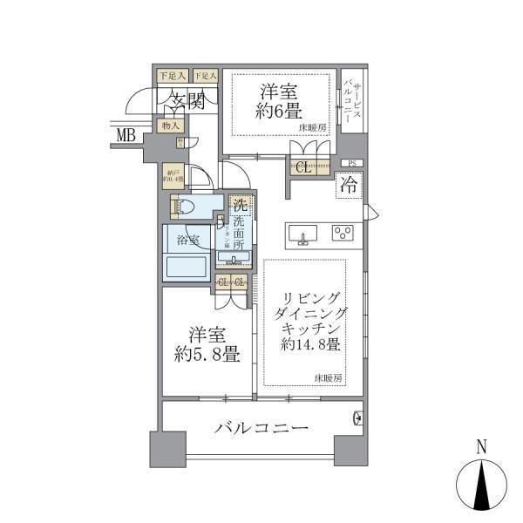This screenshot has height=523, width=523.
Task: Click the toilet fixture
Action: click(184, 207)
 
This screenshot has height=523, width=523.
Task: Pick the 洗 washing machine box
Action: click(238, 207)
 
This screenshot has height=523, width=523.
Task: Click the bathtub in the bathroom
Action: click(187, 265)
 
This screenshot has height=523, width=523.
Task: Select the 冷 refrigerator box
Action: click(348, 186)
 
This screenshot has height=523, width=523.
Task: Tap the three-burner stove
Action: click(343, 233)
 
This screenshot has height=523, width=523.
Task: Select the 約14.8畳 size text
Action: click(310, 343)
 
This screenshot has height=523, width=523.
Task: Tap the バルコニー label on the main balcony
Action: click(261, 429)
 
